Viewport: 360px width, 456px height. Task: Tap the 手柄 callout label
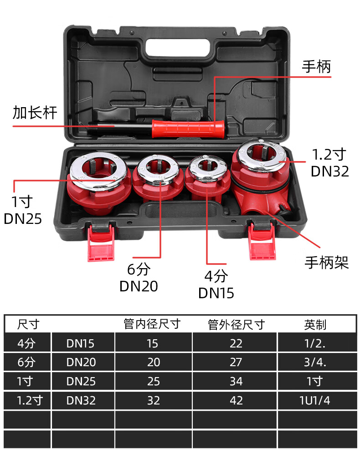click(316, 67)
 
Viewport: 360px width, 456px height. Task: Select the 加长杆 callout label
click(35, 112)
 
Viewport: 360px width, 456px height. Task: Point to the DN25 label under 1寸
click(23, 218)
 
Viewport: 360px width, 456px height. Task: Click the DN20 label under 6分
click(139, 286)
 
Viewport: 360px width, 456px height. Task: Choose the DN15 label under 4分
click(216, 292)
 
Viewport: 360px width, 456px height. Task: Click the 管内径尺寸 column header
click(152, 324)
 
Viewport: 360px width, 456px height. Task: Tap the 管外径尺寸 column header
click(236, 324)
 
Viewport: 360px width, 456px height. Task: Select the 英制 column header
click(315, 324)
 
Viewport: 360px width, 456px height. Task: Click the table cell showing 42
click(236, 400)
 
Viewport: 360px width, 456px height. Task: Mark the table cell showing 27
click(236, 362)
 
